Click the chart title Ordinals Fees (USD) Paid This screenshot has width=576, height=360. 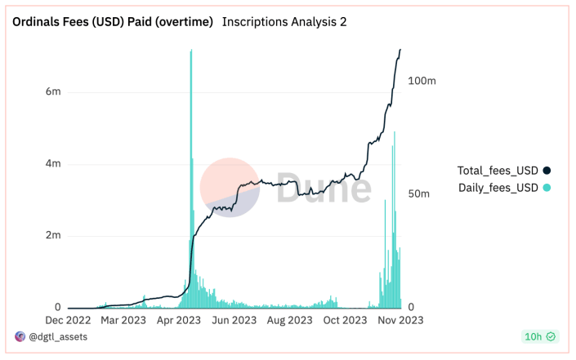coord(112,22)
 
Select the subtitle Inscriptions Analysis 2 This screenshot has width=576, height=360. coord(284,22)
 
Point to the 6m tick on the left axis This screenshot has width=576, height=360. coord(52,92)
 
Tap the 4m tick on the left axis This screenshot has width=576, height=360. coord(52,164)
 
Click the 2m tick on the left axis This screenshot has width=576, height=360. coord(52,236)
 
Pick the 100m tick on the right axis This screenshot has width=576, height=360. coord(422,81)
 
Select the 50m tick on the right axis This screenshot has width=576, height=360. coord(419,193)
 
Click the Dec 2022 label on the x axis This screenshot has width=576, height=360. coord(68,321)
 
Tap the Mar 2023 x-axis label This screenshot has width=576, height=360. coord(123,321)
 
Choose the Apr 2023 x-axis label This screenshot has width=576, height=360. coord(178,321)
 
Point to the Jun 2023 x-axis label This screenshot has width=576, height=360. coord(234,321)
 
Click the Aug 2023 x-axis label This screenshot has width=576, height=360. coord(289,321)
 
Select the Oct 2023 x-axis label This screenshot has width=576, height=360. coord(344,321)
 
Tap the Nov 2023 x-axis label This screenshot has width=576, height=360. coord(399,321)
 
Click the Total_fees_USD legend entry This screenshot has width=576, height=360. coord(498,171)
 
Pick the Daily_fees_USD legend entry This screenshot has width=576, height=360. coord(498,189)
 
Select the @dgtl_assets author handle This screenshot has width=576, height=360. coord(58,336)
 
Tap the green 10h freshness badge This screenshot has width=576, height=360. coord(539,336)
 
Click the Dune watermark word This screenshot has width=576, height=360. coord(323,188)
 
